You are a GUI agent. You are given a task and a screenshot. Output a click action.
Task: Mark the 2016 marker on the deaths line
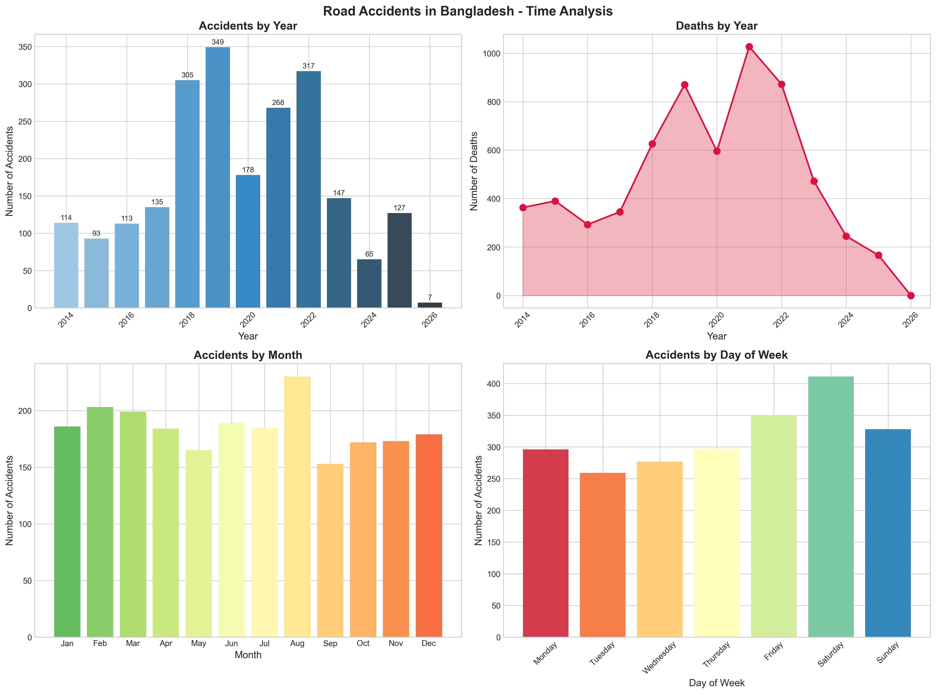tap(588, 225)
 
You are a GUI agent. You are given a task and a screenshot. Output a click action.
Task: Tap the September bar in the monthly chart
tap(330, 550)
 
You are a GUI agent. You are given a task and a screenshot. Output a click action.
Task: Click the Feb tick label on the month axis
tap(100, 644)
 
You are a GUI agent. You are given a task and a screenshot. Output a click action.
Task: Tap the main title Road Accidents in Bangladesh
tap(468, 11)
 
